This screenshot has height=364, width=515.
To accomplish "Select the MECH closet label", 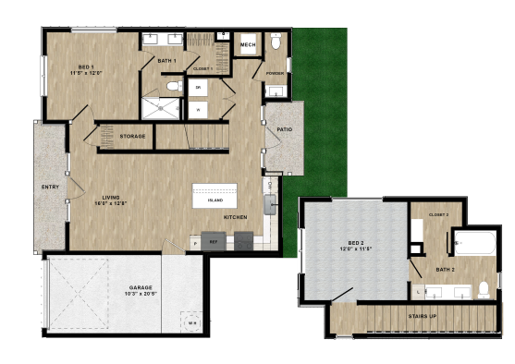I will (248, 44).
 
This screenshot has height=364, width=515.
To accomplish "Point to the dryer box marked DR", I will (198, 87).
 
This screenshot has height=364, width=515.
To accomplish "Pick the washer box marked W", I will (198, 108).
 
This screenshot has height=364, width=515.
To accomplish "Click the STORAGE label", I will (132, 137).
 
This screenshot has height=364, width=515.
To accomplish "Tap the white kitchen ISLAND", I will (214, 197).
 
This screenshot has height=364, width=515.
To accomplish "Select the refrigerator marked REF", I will (213, 242).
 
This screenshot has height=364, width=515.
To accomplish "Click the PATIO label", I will (285, 129).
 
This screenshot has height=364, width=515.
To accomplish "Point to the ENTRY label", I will (50, 187).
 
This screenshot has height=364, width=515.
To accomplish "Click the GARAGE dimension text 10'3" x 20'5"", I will (141, 294).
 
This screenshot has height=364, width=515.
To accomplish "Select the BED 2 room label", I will (356, 244).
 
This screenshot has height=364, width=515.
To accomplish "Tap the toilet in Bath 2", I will (483, 290).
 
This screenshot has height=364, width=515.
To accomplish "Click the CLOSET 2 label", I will (438, 215).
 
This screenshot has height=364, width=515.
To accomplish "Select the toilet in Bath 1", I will (172, 86).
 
